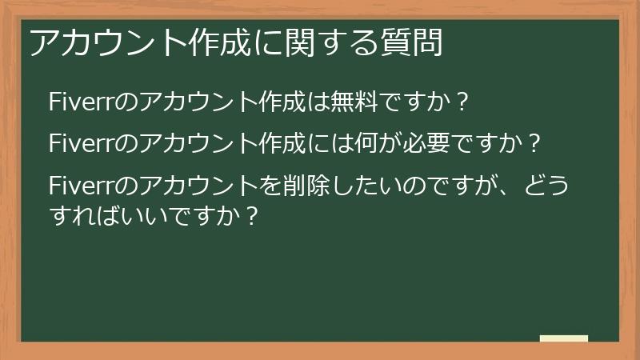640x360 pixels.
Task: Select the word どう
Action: (548, 186)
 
